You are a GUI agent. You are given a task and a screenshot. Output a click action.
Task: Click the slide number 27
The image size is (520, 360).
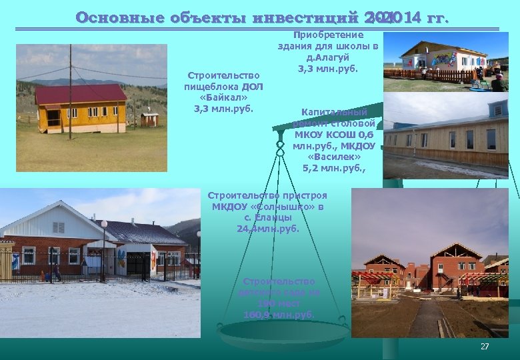tap(485, 347)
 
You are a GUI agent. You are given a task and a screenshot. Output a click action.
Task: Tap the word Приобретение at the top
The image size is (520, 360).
tap(329, 35)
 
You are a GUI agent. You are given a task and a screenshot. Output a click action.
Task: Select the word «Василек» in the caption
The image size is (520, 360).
tap(329, 157)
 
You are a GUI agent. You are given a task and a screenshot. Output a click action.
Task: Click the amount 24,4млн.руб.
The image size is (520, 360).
tap(267, 228)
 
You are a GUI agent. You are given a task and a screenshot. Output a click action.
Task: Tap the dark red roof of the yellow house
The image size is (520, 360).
tap(80, 94)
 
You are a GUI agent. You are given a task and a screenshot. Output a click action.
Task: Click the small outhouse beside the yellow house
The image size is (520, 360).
tap(150, 119)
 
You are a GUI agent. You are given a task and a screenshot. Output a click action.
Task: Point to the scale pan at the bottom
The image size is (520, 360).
tap(284, 331)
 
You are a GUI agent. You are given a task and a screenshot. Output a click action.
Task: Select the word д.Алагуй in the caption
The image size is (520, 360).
tap(328, 57)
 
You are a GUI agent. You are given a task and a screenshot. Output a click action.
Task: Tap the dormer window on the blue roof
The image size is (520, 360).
tap(497, 109)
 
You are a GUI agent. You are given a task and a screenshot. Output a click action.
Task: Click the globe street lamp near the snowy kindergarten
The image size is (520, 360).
tap(103, 225)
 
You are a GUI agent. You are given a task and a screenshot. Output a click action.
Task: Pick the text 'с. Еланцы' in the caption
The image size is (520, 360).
tap(267, 217)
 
